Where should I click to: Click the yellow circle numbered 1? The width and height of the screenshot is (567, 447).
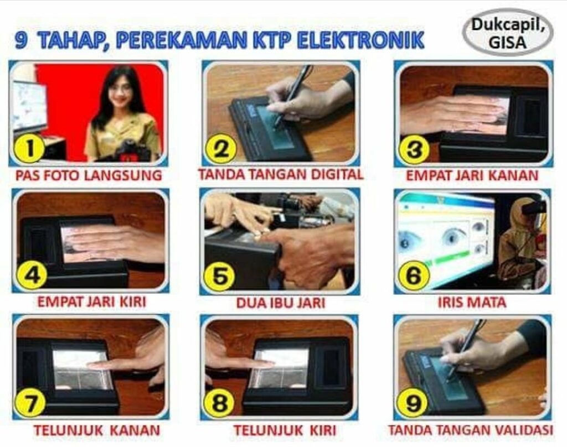click(29, 148)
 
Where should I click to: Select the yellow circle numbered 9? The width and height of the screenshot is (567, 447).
click(412, 403)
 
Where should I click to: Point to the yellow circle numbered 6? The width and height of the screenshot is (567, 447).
click(414, 276)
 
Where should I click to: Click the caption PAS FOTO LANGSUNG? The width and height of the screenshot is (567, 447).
click(89, 175)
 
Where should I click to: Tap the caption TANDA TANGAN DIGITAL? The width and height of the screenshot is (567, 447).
click(281, 174)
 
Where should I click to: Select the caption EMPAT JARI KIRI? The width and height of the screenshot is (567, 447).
click(92, 302)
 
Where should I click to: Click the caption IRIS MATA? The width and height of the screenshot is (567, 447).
click(472, 302)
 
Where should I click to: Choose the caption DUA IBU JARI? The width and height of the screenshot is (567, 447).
click(281, 303)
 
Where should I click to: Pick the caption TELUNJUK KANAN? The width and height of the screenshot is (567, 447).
click(97, 430)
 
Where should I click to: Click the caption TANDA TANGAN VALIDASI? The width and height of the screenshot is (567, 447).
click(471, 430)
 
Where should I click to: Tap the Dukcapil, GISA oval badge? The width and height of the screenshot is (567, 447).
click(508, 32)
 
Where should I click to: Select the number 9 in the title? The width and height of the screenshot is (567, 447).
click(21, 40)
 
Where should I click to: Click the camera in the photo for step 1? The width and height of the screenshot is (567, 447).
click(130, 152)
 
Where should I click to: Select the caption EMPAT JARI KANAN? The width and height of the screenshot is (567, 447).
click(472, 175)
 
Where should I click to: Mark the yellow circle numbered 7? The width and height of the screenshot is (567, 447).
click(29, 403)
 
